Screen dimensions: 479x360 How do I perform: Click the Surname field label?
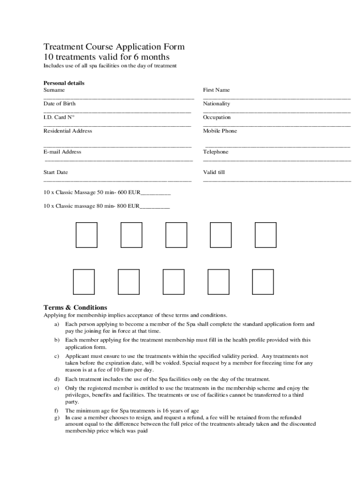[54, 90]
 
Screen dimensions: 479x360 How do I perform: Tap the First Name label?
[216, 90]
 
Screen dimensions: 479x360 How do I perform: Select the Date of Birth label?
[59, 103]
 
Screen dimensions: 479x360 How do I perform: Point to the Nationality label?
[216, 103]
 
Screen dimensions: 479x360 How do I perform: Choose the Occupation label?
[216, 117]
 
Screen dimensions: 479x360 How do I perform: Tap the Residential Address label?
[68, 131]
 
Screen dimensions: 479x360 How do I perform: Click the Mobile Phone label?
[220, 131]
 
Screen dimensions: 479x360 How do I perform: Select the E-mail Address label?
[62, 152]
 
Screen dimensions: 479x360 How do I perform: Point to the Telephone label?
[216, 152]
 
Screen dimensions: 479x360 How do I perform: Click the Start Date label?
[56, 172]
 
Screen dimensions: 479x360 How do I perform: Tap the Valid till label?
[214, 172]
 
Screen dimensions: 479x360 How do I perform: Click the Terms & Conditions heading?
[75, 307]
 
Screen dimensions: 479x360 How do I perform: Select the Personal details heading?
[64, 83]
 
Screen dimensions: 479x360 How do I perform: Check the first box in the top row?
[86, 235]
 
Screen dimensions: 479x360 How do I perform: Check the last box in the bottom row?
[263, 282]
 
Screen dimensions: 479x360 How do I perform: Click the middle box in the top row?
[176, 235]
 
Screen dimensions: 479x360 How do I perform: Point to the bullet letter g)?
[57, 417]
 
